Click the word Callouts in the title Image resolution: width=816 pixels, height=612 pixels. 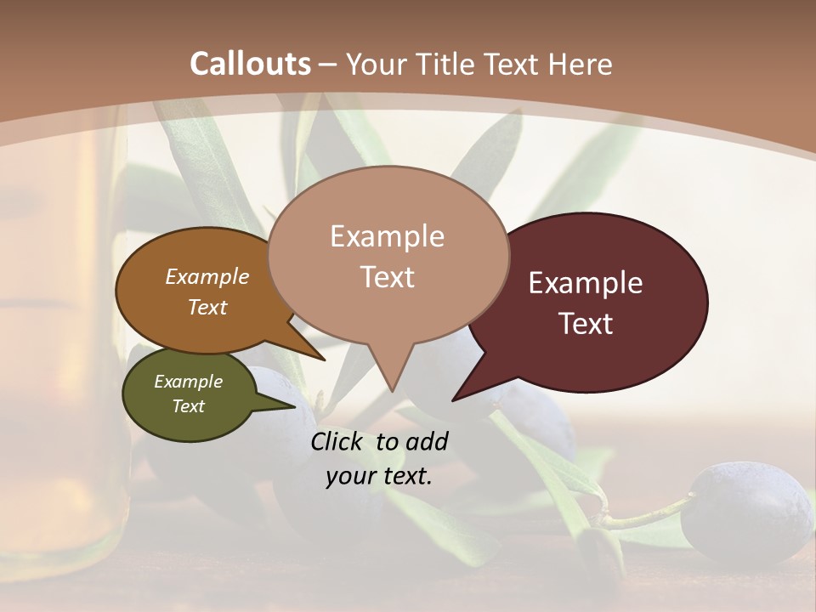250,64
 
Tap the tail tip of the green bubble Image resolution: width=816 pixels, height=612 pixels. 293,407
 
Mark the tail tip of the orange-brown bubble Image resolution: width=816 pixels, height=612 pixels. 324,360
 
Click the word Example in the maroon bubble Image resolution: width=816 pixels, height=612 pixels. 586,283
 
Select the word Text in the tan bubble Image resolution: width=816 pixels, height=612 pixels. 388,277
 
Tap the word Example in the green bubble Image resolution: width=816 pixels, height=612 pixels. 188,382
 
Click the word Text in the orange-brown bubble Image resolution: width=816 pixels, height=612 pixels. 207,307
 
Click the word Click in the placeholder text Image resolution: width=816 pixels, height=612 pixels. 338,441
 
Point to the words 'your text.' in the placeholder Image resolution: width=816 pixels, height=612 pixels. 379,476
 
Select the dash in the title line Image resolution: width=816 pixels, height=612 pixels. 328,64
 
